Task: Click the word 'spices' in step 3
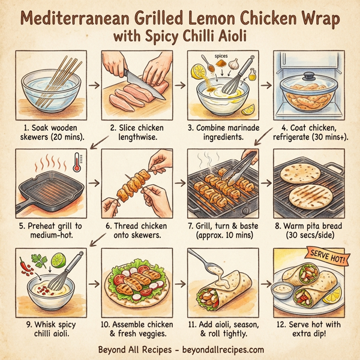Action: click(221, 55)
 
